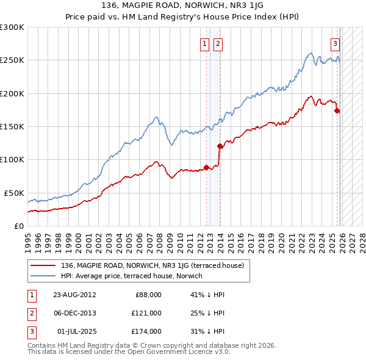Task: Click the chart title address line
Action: click(x=182, y=5)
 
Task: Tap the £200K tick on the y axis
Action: click(x=12, y=93)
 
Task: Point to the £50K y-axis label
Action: click(x=14, y=193)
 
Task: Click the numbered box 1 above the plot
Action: click(x=204, y=43)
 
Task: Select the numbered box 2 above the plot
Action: click(x=218, y=43)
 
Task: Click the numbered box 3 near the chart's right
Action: click(x=335, y=43)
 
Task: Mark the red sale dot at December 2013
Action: click(x=220, y=146)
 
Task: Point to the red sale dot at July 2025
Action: click(x=337, y=110)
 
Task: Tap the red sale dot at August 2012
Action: click(x=206, y=167)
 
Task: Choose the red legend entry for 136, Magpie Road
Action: click(x=152, y=265)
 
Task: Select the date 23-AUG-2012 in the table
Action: click(x=74, y=295)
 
